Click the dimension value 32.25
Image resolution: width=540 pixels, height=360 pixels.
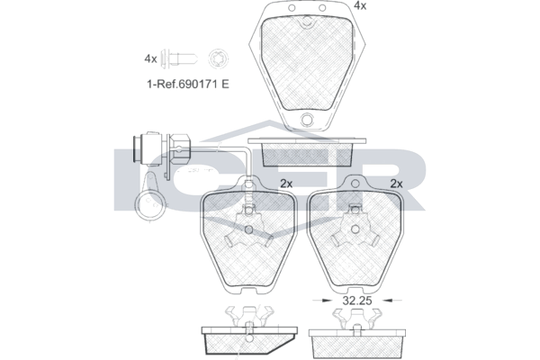(357, 301)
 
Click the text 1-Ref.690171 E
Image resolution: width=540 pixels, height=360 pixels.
(188, 84)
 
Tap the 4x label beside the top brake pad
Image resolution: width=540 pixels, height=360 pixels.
(360, 5)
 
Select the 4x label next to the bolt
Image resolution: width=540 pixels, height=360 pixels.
(150, 58)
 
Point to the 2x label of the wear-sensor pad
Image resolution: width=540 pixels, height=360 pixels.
(286, 184)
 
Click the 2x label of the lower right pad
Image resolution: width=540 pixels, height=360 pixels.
(396, 184)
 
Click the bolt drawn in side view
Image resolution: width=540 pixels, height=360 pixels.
(180, 58)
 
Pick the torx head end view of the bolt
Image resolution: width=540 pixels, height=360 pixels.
(219, 58)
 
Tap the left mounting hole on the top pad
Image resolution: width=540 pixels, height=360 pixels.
(292, 8)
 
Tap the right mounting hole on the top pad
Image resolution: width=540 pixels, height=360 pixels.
(322, 8)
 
